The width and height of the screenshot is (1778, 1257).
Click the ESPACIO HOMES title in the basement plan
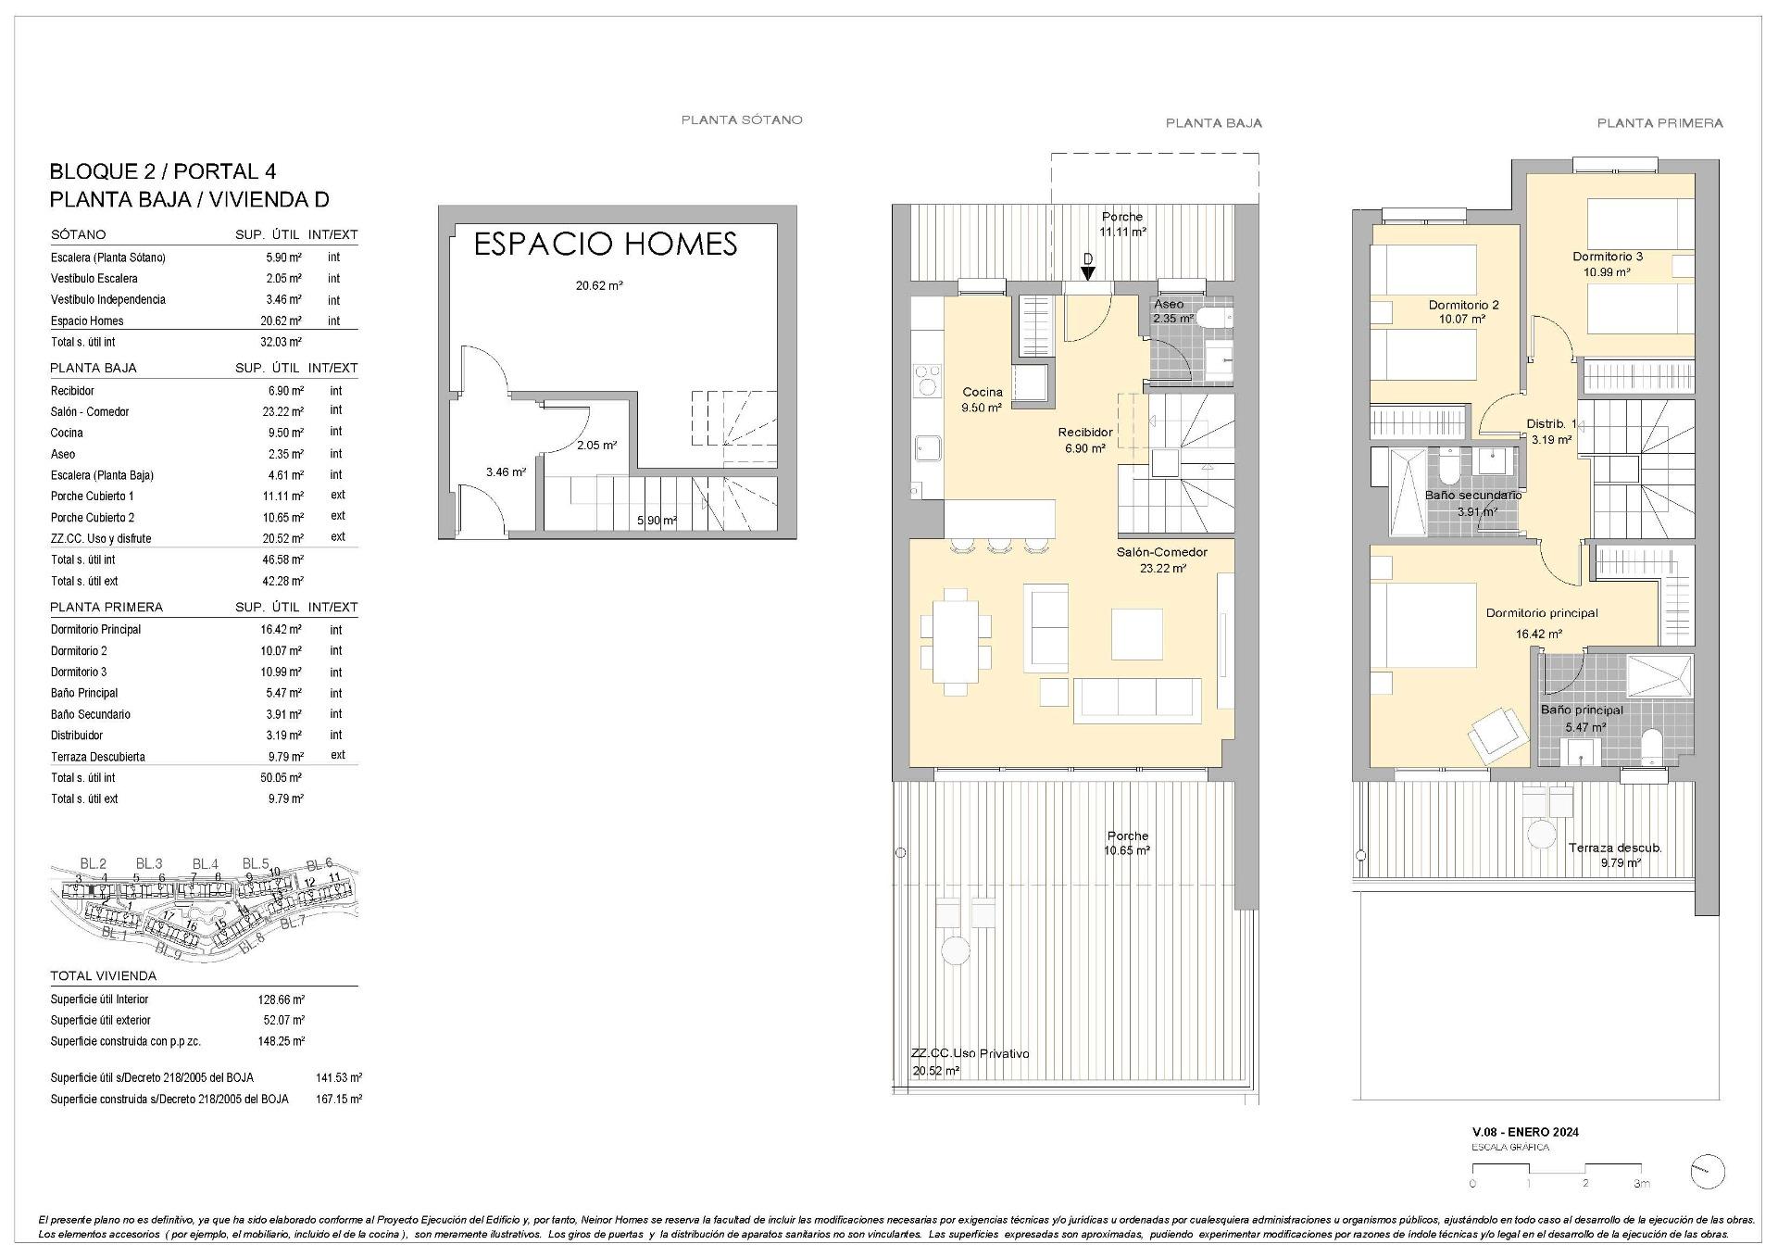(606, 244)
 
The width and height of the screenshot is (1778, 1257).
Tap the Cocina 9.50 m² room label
(982, 399)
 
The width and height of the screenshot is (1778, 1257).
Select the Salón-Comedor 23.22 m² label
(1161, 559)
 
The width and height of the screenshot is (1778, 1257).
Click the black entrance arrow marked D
(1088, 272)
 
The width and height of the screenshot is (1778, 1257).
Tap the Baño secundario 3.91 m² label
(1472, 503)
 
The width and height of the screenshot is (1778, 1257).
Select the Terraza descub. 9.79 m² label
(1615, 854)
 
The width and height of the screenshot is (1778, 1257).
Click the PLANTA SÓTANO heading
(742, 119)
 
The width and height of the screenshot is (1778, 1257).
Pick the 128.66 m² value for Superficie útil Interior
(281, 999)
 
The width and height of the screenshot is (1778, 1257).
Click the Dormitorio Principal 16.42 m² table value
(281, 629)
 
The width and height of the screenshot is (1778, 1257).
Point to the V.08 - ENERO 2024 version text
(1525, 1132)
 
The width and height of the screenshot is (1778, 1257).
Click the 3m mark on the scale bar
(1640, 1183)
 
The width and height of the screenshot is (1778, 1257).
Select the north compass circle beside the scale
(1707, 1172)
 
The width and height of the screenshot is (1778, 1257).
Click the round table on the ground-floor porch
(955, 949)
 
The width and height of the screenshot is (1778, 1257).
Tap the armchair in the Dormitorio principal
(1497, 735)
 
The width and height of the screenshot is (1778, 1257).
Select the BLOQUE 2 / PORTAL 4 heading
(162, 171)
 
